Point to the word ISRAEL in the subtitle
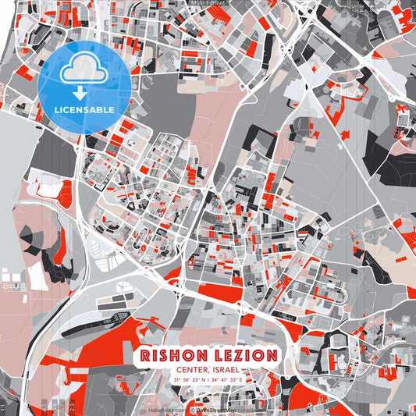[x=226, y=370]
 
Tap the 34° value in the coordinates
[x=215, y=379]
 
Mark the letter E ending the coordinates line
[x=241, y=379]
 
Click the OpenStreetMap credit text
[x=214, y=408]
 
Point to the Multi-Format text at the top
[x=208, y=3]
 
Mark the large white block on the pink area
[x=37, y=275]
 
